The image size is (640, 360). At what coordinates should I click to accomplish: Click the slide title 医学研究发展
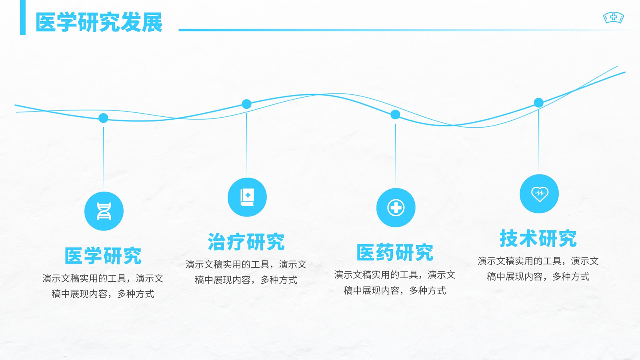(99, 22)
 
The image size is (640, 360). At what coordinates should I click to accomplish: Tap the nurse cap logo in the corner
(614, 18)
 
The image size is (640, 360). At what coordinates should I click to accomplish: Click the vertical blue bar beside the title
(23, 18)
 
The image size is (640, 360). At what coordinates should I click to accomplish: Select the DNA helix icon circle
(104, 211)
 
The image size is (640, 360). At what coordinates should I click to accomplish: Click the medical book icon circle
(247, 197)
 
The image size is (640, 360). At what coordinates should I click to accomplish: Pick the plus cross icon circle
(396, 208)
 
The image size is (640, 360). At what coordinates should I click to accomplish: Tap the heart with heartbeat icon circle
(539, 194)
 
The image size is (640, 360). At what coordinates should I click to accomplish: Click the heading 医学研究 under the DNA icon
(103, 256)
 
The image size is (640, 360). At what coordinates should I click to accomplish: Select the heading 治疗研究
(246, 242)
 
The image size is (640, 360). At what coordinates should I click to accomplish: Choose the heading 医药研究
(395, 252)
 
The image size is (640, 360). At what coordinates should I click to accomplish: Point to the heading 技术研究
(538, 238)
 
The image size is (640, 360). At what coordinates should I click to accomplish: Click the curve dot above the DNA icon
(104, 118)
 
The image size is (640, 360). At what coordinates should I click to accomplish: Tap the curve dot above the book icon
(246, 104)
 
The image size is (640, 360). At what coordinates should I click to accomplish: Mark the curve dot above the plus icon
(395, 114)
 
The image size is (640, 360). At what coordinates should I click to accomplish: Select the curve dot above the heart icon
(538, 102)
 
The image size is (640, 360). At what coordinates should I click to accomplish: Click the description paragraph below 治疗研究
(246, 272)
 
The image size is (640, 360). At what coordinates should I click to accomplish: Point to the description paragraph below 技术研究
(538, 268)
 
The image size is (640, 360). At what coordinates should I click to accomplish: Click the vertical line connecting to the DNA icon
(104, 158)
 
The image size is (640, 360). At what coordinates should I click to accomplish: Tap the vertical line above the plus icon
(395, 155)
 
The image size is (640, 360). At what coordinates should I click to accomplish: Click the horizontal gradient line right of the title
(406, 30)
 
